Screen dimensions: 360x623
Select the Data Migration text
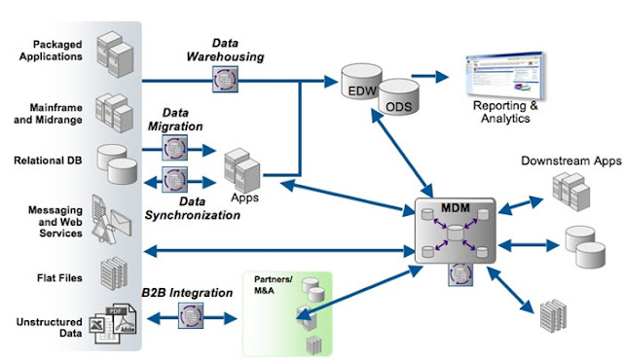pos(176,120)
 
